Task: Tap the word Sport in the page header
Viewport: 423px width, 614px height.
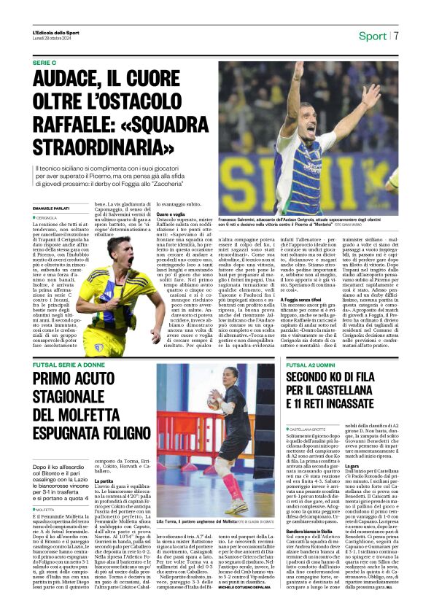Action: click(x=372, y=36)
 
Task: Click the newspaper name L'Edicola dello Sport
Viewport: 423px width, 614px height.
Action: click(x=55, y=33)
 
